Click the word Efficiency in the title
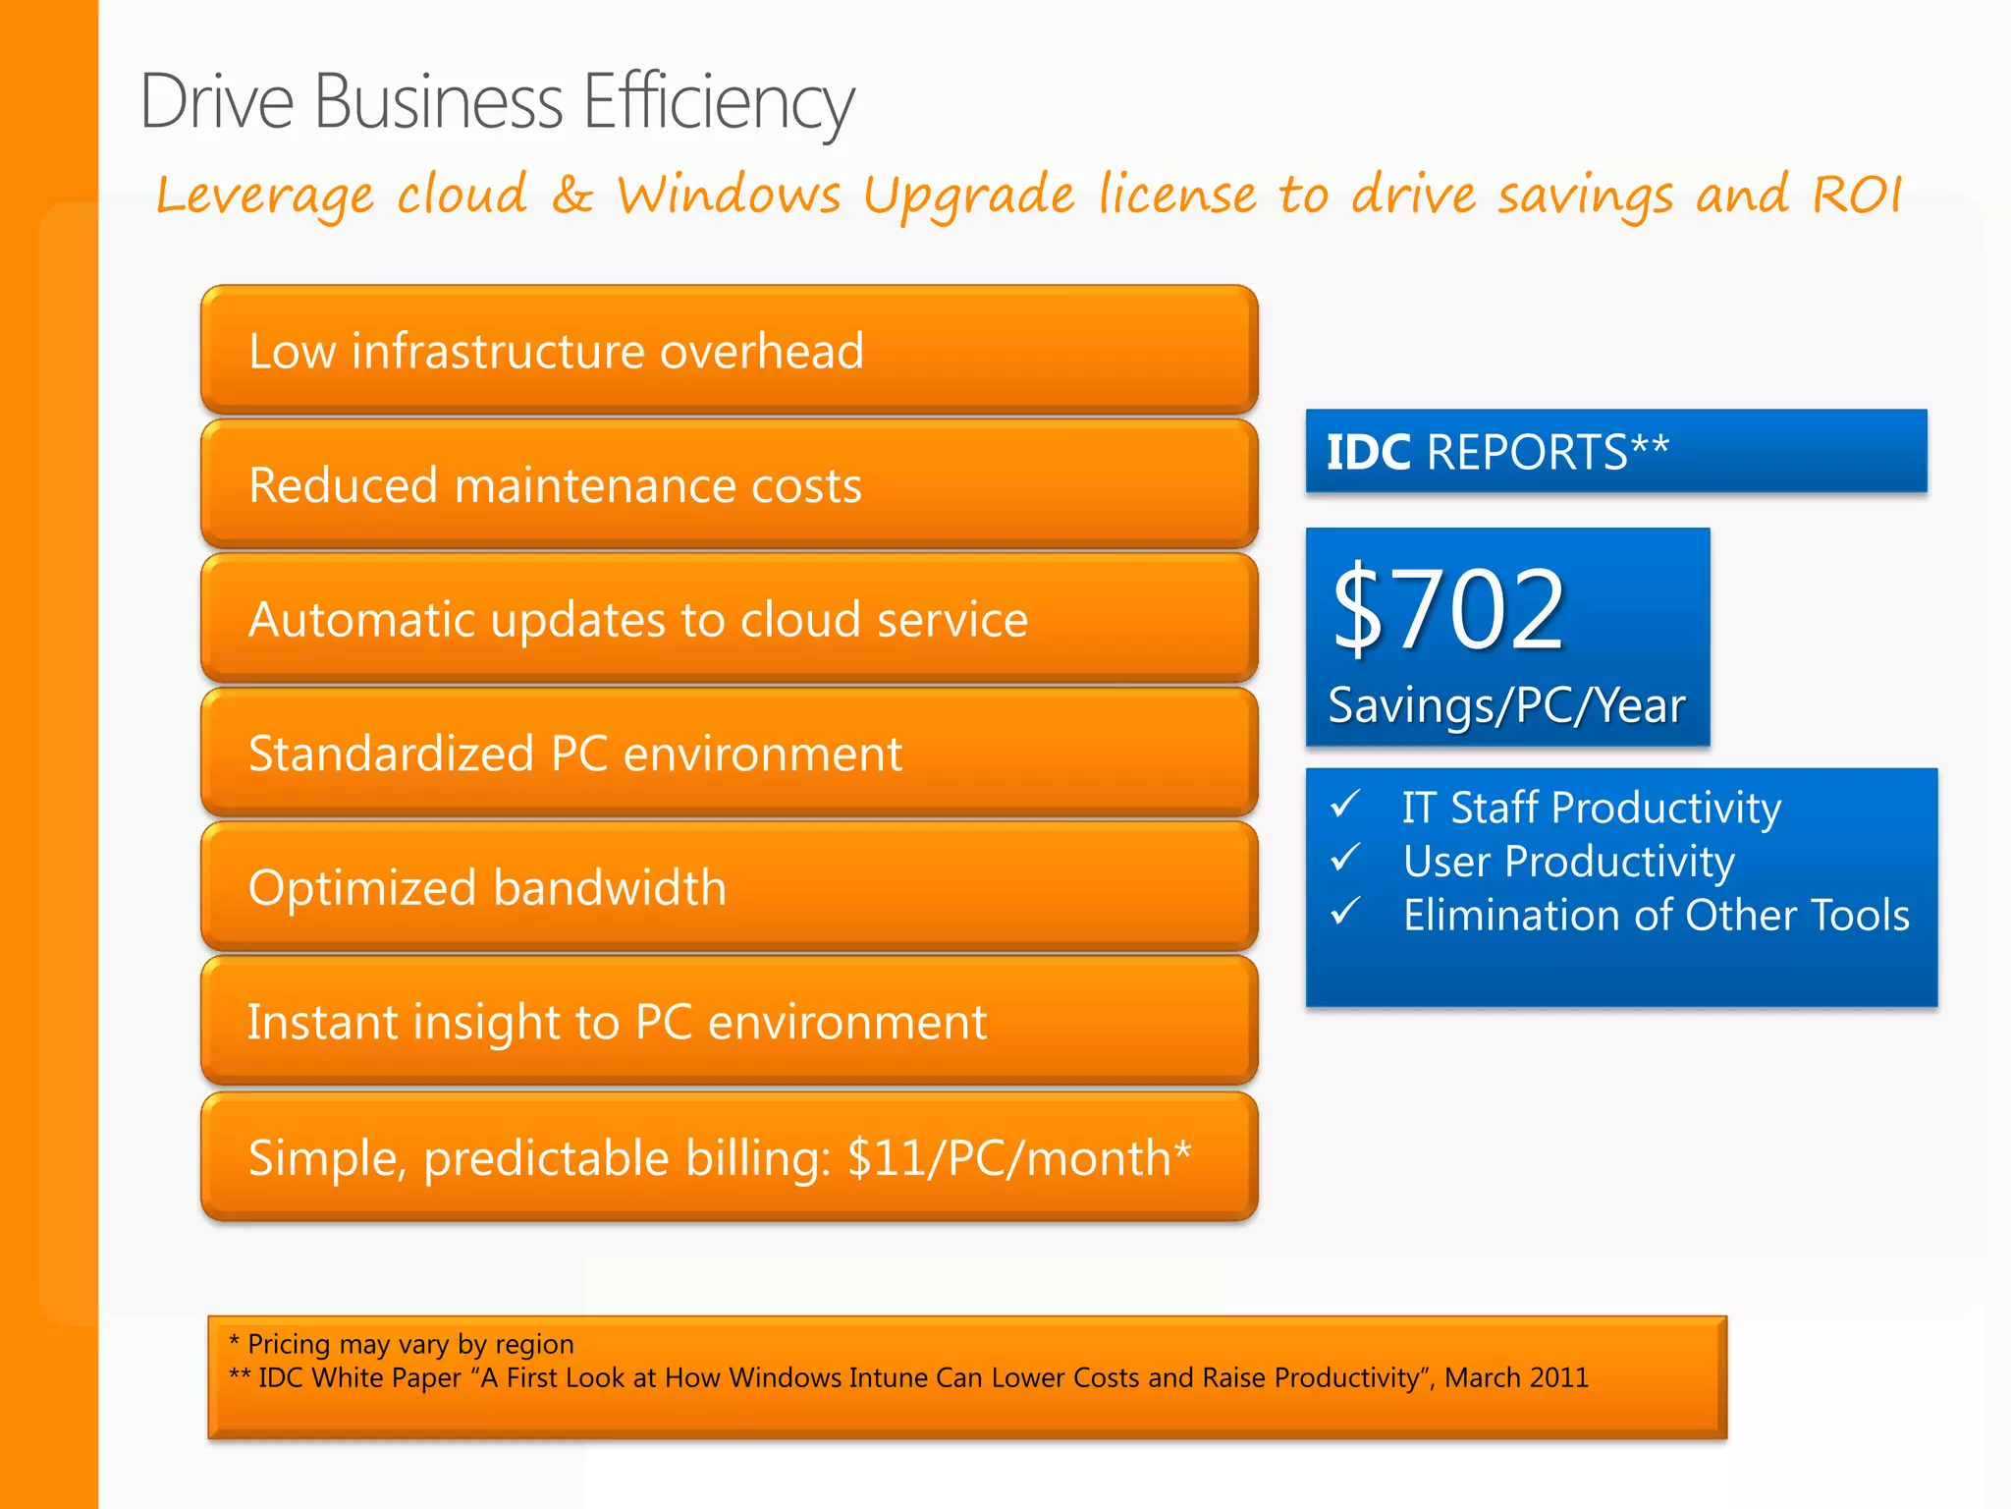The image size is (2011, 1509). pyautogui.click(x=718, y=101)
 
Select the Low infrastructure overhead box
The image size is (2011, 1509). pyautogui.click(x=729, y=351)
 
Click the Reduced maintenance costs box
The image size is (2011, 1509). pyautogui.click(x=729, y=485)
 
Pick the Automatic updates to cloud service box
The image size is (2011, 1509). pyautogui.click(x=729, y=619)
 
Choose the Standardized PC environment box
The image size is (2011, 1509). pyautogui.click(x=729, y=754)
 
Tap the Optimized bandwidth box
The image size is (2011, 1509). pyautogui.click(x=729, y=887)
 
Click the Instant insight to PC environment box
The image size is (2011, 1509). pyautogui.click(x=729, y=1022)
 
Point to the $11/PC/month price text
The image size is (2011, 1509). pyautogui.click(x=1018, y=1157)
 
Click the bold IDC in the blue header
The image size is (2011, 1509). pyautogui.click(x=1369, y=452)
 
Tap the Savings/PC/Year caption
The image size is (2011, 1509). pyautogui.click(x=1506, y=705)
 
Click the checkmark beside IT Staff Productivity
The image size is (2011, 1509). pyautogui.click(x=1345, y=805)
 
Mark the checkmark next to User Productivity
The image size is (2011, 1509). pyautogui.click(x=1345, y=858)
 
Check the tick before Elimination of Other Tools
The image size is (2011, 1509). pyautogui.click(x=1345, y=912)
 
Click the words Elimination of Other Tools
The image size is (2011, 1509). pyautogui.click(x=1656, y=915)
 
